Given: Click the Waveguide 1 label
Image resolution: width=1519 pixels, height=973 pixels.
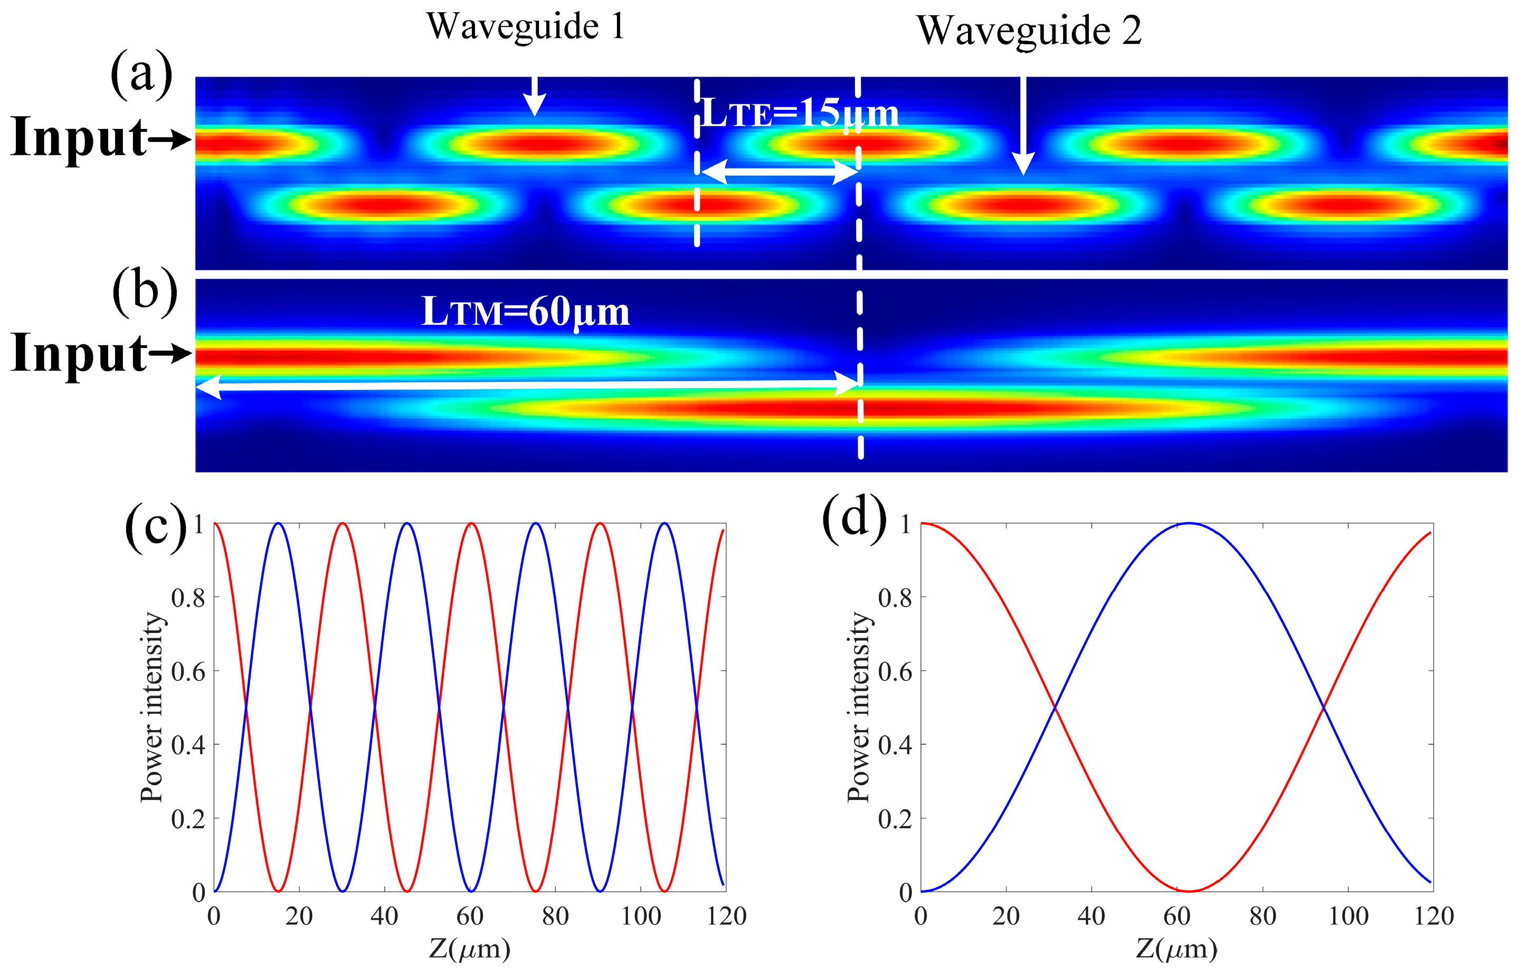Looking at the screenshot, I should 526,26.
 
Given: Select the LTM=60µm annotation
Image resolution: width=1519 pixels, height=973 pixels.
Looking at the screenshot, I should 526,311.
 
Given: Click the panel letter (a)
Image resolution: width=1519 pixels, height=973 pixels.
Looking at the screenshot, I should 141,74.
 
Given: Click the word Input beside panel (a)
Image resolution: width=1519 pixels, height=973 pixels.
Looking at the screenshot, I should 80,138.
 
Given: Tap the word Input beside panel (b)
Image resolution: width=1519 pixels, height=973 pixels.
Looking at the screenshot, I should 80,354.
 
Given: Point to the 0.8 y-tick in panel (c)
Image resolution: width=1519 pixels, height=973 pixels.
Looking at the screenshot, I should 188,597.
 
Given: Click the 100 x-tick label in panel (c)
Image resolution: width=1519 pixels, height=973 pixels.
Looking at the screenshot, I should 640,916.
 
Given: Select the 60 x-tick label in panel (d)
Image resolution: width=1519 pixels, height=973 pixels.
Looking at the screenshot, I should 1176,916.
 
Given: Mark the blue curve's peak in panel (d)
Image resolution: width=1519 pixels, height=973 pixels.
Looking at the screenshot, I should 1189,523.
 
